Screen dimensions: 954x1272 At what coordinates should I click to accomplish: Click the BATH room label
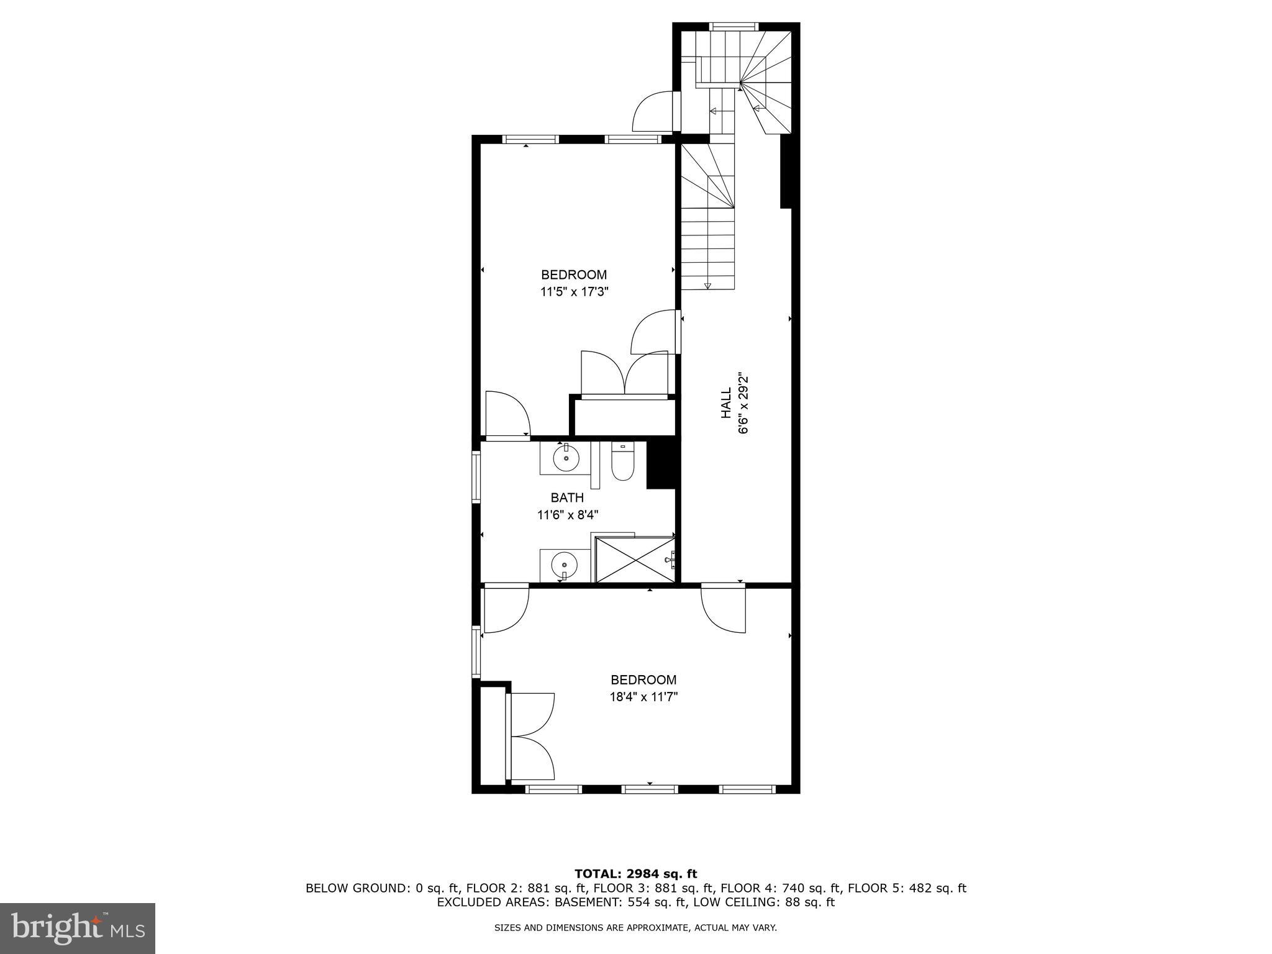click(567, 497)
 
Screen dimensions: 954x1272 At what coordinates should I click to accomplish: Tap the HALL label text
click(726, 403)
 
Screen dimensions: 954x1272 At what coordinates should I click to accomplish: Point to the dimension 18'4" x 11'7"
click(643, 697)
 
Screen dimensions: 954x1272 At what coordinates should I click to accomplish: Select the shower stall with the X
click(635, 560)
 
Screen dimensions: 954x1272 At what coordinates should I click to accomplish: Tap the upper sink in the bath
click(566, 459)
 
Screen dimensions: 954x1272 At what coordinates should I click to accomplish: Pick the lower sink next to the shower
click(564, 565)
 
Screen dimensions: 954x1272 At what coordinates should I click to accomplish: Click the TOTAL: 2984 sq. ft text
click(635, 874)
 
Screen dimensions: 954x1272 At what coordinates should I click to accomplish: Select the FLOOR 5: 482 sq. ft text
click(907, 888)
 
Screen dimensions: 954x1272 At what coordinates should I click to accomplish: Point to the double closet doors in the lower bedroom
click(531, 736)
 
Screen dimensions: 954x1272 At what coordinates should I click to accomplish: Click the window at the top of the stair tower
click(734, 26)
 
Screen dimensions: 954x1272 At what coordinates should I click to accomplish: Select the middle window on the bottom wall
click(649, 789)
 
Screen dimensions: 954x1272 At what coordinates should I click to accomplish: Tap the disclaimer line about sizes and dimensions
click(635, 928)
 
